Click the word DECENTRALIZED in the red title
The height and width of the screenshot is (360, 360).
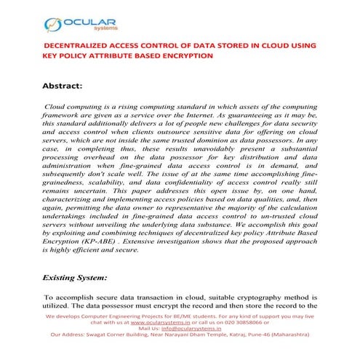(x=78, y=44)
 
